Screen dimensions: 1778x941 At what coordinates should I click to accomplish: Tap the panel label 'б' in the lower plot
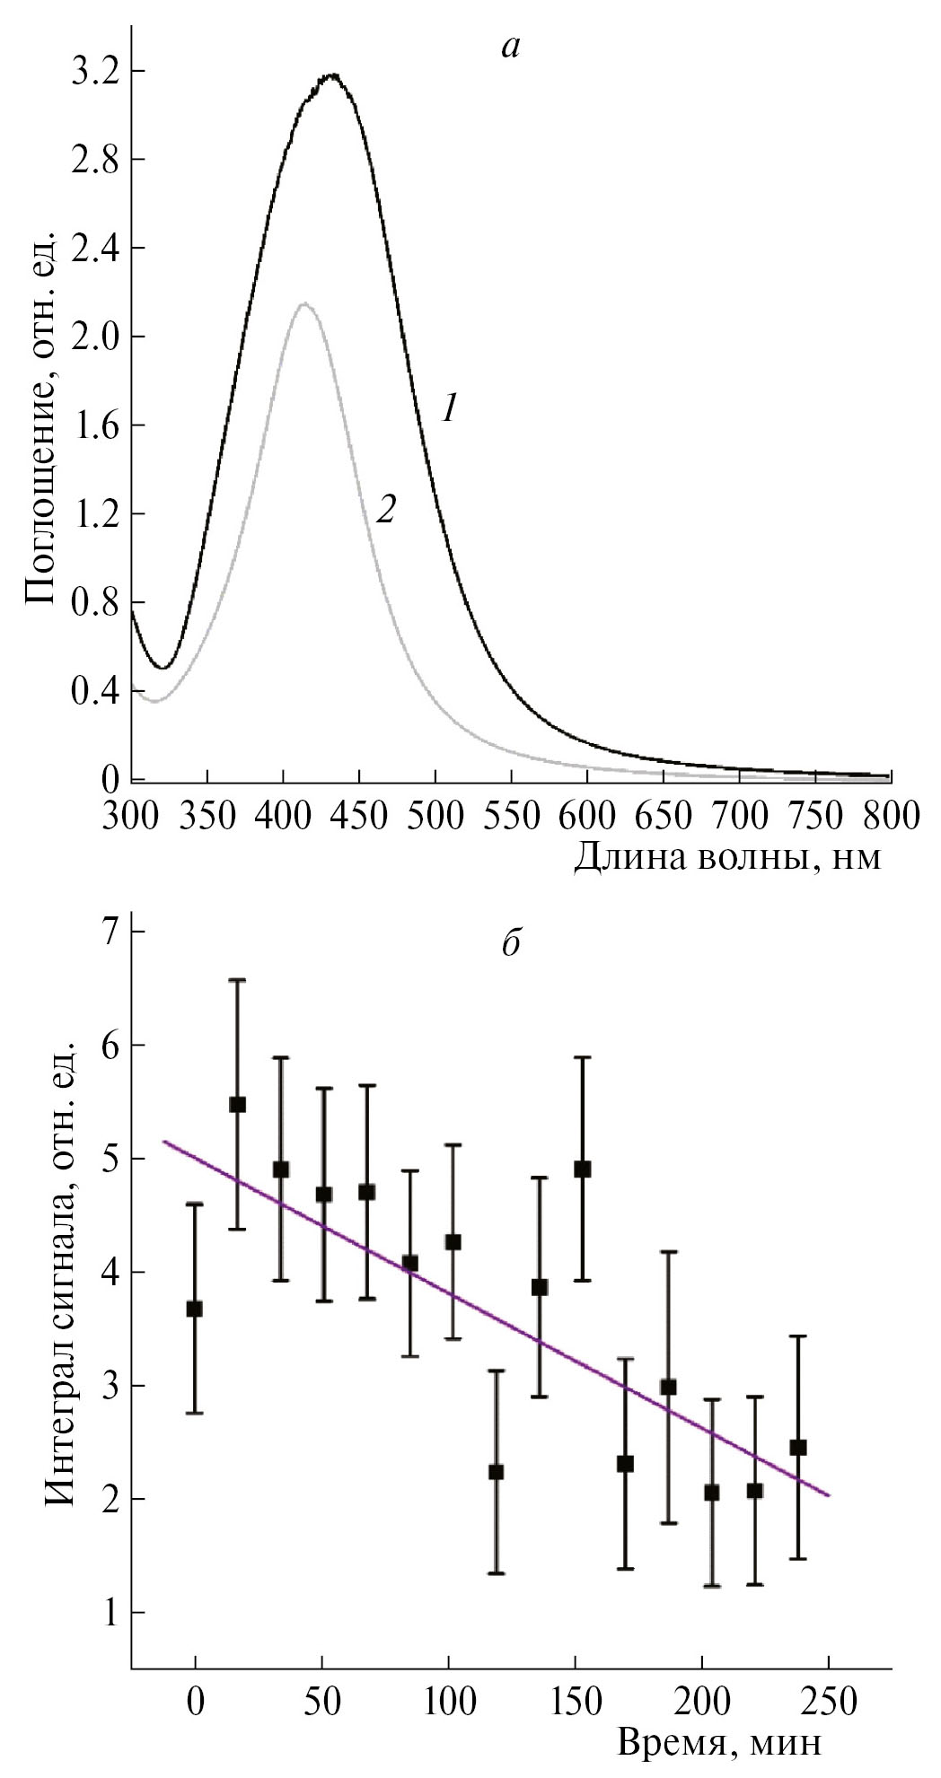(511, 945)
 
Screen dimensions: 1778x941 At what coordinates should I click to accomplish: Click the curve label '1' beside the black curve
(450, 409)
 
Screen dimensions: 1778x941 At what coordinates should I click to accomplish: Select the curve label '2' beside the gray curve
(385, 510)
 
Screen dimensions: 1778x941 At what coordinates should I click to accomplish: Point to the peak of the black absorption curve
(333, 75)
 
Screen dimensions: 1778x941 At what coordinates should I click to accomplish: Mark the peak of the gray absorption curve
(304, 303)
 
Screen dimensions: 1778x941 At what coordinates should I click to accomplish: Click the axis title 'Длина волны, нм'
(727, 858)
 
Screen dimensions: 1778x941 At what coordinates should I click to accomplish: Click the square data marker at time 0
(195, 1309)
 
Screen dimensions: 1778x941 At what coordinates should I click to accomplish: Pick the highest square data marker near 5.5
(238, 1104)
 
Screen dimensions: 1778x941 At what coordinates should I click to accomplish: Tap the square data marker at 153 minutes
(583, 1169)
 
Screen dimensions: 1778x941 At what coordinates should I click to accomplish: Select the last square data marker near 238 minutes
(798, 1447)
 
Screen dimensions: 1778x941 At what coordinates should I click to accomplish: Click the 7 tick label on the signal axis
(111, 932)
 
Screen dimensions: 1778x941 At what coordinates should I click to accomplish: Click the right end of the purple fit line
(829, 1495)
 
